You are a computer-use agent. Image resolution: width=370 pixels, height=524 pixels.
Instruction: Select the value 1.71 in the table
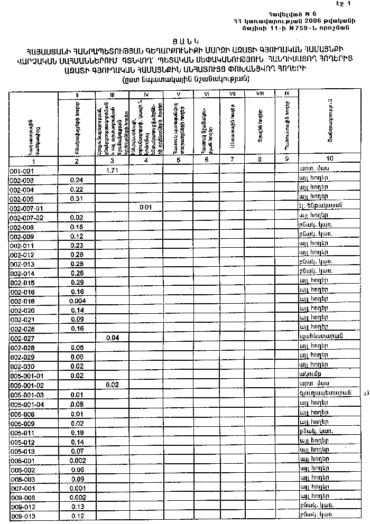pyautogui.click(x=111, y=171)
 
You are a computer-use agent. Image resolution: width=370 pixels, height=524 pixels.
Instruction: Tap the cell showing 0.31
pyautogui.click(x=77, y=199)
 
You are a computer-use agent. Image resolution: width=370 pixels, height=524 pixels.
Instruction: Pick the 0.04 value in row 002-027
pyautogui.click(x=112, y=337)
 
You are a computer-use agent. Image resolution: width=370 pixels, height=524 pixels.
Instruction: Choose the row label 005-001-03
pyautogui.click(x=27, y=395)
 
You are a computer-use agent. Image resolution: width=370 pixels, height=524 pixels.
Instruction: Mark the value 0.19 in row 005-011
pyautogui.click(x=77, y=432)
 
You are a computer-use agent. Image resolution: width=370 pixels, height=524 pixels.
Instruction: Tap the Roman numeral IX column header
pyautogui.click(x=286, y=93)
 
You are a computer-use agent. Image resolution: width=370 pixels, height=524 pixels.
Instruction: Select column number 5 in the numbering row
pyautogui.click(x=178, y=160)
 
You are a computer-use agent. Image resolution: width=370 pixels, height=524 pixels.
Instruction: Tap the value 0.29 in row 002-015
pyautogui.click(x=77, y=282)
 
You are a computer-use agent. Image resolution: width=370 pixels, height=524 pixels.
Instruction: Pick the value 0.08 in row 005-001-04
pyautogui.click(x=77, y=404)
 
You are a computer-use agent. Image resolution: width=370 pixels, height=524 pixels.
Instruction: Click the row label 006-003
pyautogui.click(x=22, y=479)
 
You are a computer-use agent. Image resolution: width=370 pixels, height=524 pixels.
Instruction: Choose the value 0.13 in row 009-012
pyautogui.click(x=77, y=507)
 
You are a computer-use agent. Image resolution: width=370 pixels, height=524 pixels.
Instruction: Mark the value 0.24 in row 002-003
pyautogui.click(x=77, y=180)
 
